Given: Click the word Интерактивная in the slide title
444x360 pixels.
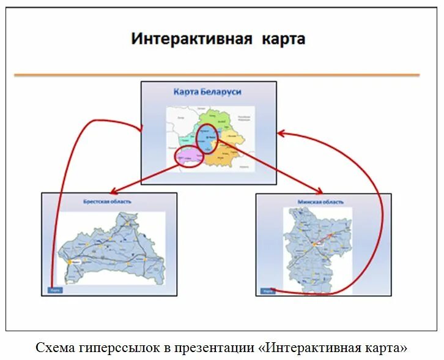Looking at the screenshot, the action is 192,40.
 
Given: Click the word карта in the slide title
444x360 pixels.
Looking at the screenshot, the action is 284,40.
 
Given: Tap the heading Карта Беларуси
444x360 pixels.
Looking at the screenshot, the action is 207,92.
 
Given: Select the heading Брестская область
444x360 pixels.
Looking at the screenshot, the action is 108,201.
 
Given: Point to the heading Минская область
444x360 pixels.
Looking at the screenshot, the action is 320,201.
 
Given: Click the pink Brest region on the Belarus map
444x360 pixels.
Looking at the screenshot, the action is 190,158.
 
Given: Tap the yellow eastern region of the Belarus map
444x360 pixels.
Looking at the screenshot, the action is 232,137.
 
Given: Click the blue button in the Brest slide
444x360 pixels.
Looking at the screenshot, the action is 55,290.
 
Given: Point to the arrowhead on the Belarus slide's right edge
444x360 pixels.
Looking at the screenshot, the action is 281,133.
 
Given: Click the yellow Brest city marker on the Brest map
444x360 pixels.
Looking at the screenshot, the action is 68,260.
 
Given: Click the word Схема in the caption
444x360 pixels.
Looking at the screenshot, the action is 55,348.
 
